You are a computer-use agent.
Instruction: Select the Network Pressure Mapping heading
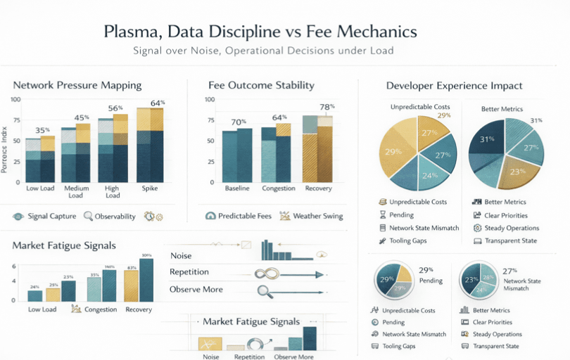[77, 85]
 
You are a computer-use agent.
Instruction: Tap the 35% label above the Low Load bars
[42, 130]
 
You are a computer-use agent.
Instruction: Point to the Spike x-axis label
[149, 188]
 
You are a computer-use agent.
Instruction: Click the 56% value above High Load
[115, 108]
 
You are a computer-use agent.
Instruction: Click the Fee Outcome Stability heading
[261, 85]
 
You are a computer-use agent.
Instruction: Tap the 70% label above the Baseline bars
[239, 122]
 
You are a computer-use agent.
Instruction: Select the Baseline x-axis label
[237, 188]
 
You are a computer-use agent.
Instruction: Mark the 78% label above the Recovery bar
[327, 107]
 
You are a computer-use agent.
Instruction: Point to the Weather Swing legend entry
[318, 216]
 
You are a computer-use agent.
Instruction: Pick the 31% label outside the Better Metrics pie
[536, 120]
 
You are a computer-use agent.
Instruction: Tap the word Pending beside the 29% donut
[431, 281]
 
